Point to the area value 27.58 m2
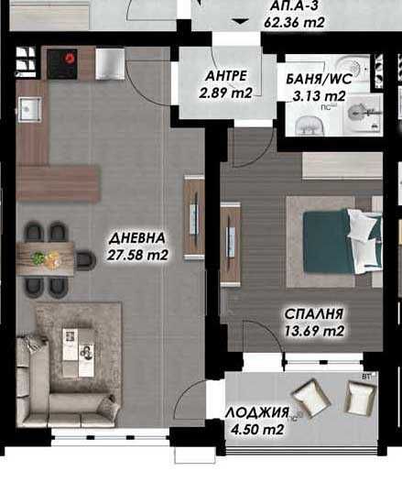pyautogui.click(x=138, y=255)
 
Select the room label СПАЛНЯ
pyautogui.click(x=312, y=313)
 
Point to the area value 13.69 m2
pyautogui.click(x=313, y=331)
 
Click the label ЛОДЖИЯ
pyautogui.click(x=259, y=412)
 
